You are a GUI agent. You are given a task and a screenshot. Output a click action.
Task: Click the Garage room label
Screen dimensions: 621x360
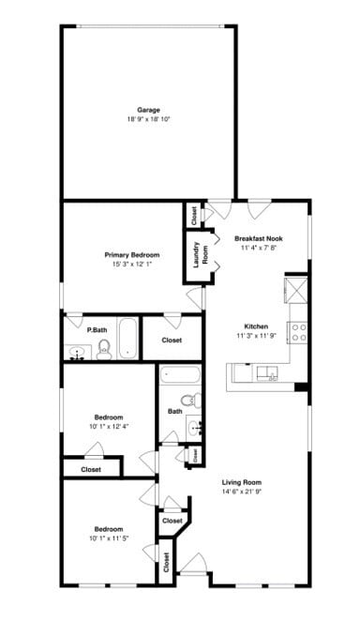coord(148,110)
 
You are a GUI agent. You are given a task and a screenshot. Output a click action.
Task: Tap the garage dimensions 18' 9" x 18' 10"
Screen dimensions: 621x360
coord(148,119)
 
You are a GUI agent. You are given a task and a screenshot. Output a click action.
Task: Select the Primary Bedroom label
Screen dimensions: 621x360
coord(131,254)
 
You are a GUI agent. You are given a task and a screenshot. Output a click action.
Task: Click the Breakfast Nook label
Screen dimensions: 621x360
coord(259,238)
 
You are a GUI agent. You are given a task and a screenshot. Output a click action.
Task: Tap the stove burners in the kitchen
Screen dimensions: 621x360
coord(298,331)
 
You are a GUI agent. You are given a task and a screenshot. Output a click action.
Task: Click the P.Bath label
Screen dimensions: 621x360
coord(95,330)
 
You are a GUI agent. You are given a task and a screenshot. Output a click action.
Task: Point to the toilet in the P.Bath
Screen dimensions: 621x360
coord(104,350)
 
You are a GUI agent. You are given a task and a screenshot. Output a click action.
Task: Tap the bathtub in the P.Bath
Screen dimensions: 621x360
coord(128,340)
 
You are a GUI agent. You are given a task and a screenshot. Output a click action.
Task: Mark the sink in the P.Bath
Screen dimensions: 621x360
coord(77,353)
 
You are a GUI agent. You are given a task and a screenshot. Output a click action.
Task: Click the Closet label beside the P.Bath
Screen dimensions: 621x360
coord(172,340)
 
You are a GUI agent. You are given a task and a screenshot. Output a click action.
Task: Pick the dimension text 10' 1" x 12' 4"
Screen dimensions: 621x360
coord(110,427)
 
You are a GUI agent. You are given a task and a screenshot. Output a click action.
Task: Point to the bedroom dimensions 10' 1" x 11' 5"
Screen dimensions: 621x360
coord(110,538)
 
